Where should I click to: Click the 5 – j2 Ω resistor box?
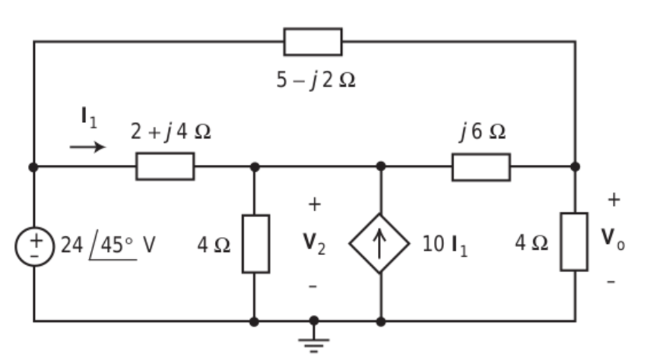(x=313, y=42)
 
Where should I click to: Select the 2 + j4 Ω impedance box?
(x=165, y=167)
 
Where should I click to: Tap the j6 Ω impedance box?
(x=481, y=167)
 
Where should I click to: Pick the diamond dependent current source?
(x=379, y=244)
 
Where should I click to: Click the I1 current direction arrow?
(x=87, y=147)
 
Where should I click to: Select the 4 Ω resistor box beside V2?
(x=255, y=244)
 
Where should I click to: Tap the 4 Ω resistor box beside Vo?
(x=574, y=242)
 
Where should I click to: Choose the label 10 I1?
(x=445, y=244)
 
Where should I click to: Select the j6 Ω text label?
(x=481, y=131)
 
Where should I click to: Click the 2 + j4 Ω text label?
(x=171, y=131)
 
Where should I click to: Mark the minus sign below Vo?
(x=612, y=281)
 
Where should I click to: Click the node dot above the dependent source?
(x=380, y=167)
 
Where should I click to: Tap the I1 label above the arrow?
(x=89, y=117)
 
